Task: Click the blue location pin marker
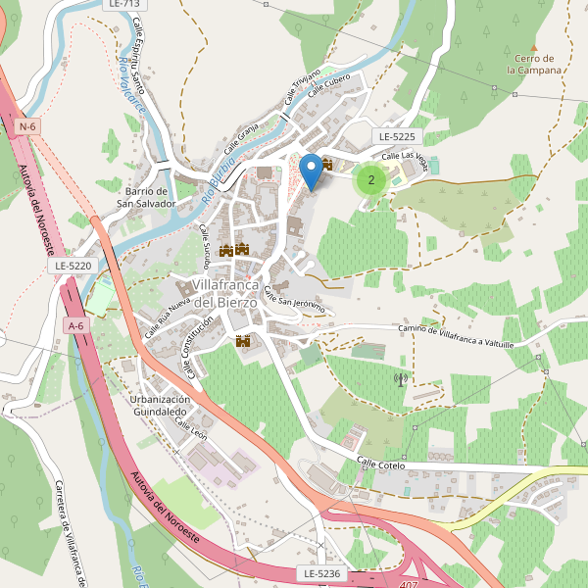click(311, 171)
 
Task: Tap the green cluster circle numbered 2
click(369, 179)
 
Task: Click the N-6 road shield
click(26, 126)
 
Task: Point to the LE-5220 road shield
click(73, 266)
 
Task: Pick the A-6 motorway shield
click(75, 325)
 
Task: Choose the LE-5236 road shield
click(320, 572)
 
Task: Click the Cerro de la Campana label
click(534, 65)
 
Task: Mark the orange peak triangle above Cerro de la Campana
click(534, 46)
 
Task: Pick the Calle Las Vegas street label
click(405, 156)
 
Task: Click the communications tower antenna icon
click(400, 378)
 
